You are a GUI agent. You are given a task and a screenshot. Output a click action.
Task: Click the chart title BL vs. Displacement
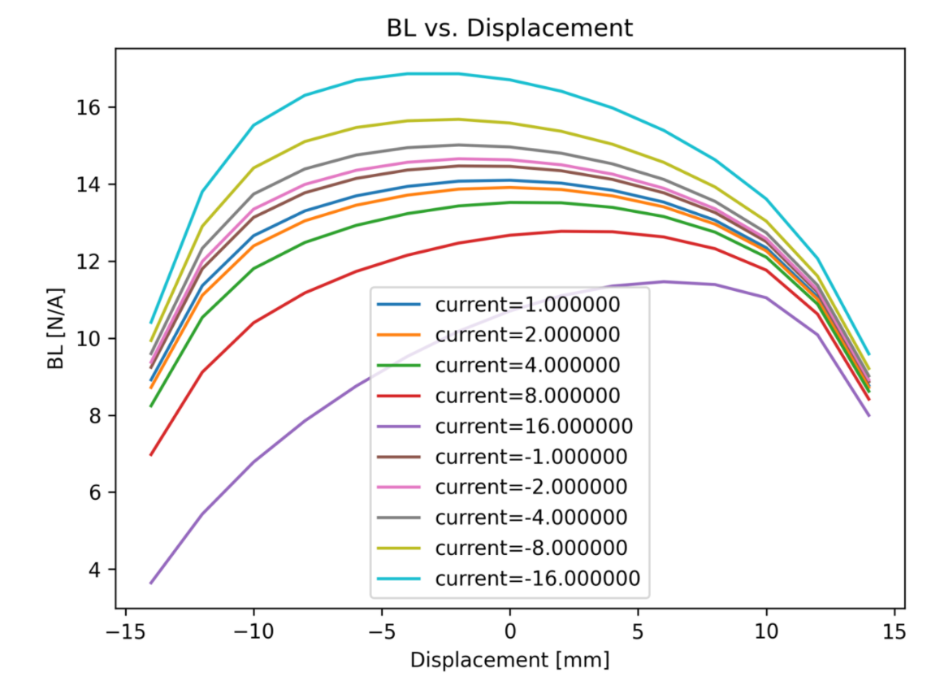pos(509,28)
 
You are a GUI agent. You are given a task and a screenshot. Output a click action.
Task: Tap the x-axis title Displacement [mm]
pos(509,659)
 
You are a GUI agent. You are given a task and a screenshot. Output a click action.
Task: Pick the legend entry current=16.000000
pos(534,426)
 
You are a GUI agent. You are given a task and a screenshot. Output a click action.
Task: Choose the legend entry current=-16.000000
pos(537,578)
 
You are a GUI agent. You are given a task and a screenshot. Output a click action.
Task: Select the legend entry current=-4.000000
pos(531,517)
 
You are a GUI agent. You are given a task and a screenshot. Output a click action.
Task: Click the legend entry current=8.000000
pos(527,396)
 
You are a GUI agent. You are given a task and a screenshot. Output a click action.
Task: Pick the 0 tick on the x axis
pos(509,631)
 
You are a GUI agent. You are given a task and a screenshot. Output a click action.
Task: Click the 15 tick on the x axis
pos(894,631)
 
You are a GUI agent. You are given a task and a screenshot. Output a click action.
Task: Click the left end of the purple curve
pos(150,583)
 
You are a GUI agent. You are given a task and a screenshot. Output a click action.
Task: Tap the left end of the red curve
pos(150,455)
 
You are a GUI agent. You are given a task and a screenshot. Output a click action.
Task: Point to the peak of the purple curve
pos(664,281)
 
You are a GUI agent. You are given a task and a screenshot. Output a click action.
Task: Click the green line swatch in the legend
pos(399,365)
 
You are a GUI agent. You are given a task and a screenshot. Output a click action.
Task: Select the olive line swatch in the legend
pos(399,548)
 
